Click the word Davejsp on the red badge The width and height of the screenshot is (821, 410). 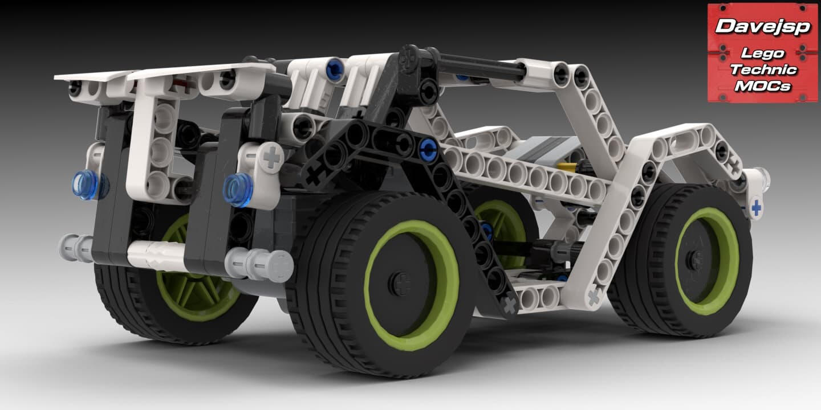(762, 26)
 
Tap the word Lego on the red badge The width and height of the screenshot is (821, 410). (762, 54)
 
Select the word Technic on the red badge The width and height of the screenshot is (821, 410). (763, 69)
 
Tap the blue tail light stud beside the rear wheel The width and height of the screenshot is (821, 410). (238, 190)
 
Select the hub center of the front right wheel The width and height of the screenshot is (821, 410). (696, 259)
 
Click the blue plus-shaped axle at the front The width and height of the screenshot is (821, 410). (756, 208)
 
